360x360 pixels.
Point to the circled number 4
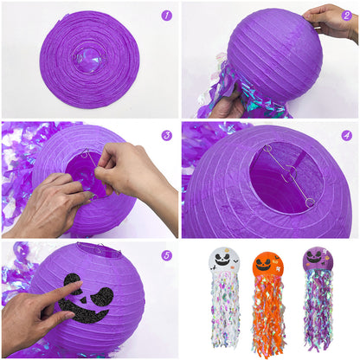pos(346,136)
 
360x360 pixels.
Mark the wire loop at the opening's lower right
pos(309,202)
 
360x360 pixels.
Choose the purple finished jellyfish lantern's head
pos(318,263)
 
